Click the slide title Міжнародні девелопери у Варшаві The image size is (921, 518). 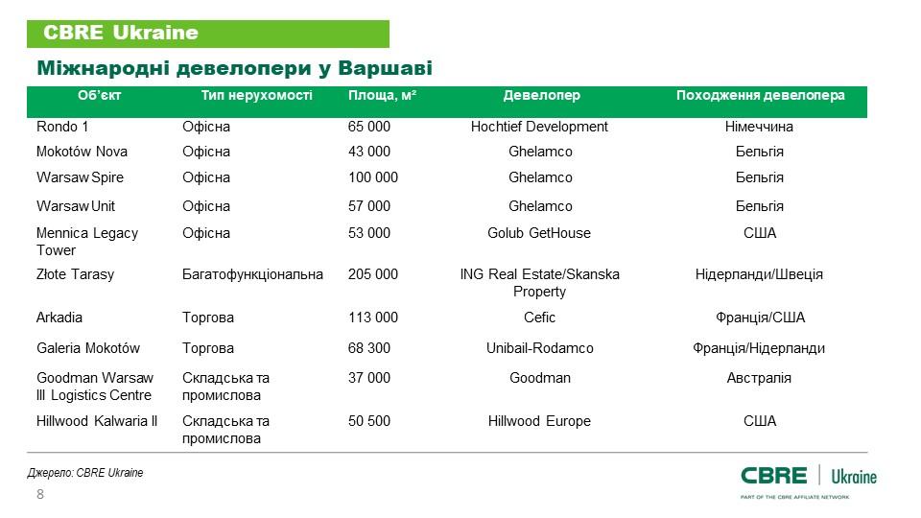[x=234, y=69]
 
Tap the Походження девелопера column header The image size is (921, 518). [x=760, y=96]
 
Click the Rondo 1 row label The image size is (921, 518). [x=62, y=127]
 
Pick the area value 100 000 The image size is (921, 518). [x=372, y=177]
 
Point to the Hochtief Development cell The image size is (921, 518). [x=540, y=127]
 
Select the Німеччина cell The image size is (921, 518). [x=759, y=127]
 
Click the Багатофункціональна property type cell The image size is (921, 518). [x=252, y=274]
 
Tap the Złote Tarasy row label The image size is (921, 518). [x=75, y=274]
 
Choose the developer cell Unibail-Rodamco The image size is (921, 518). [x=540, y=348]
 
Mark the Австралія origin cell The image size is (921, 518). [x=759, y=378]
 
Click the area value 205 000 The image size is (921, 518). [x=372, y=274]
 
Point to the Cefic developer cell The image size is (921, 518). [x=540, y=318]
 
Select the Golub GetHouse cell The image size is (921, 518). [x=540, y=233]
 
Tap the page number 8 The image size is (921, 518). [x=39, y=494]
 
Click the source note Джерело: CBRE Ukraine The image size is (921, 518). [x=84, y=473]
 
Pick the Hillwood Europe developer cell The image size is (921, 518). [x=540, y=421]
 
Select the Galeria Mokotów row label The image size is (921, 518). [x=88, y=348]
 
